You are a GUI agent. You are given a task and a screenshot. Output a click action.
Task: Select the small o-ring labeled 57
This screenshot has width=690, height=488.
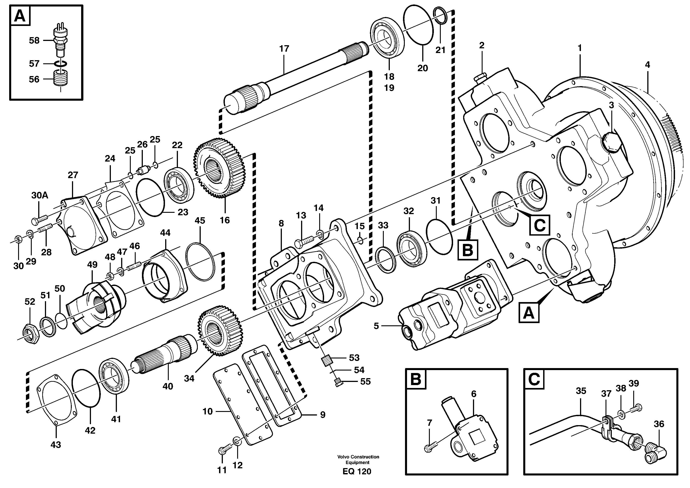point(61,64)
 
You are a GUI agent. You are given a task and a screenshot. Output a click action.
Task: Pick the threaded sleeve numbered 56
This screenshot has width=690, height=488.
point(61,79)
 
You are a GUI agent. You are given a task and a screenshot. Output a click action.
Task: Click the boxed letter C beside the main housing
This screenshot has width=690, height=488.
point(539,225)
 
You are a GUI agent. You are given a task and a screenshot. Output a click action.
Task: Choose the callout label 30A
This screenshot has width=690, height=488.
point(39,195)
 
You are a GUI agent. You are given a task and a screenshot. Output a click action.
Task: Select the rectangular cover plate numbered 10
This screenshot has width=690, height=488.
point(242,403)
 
